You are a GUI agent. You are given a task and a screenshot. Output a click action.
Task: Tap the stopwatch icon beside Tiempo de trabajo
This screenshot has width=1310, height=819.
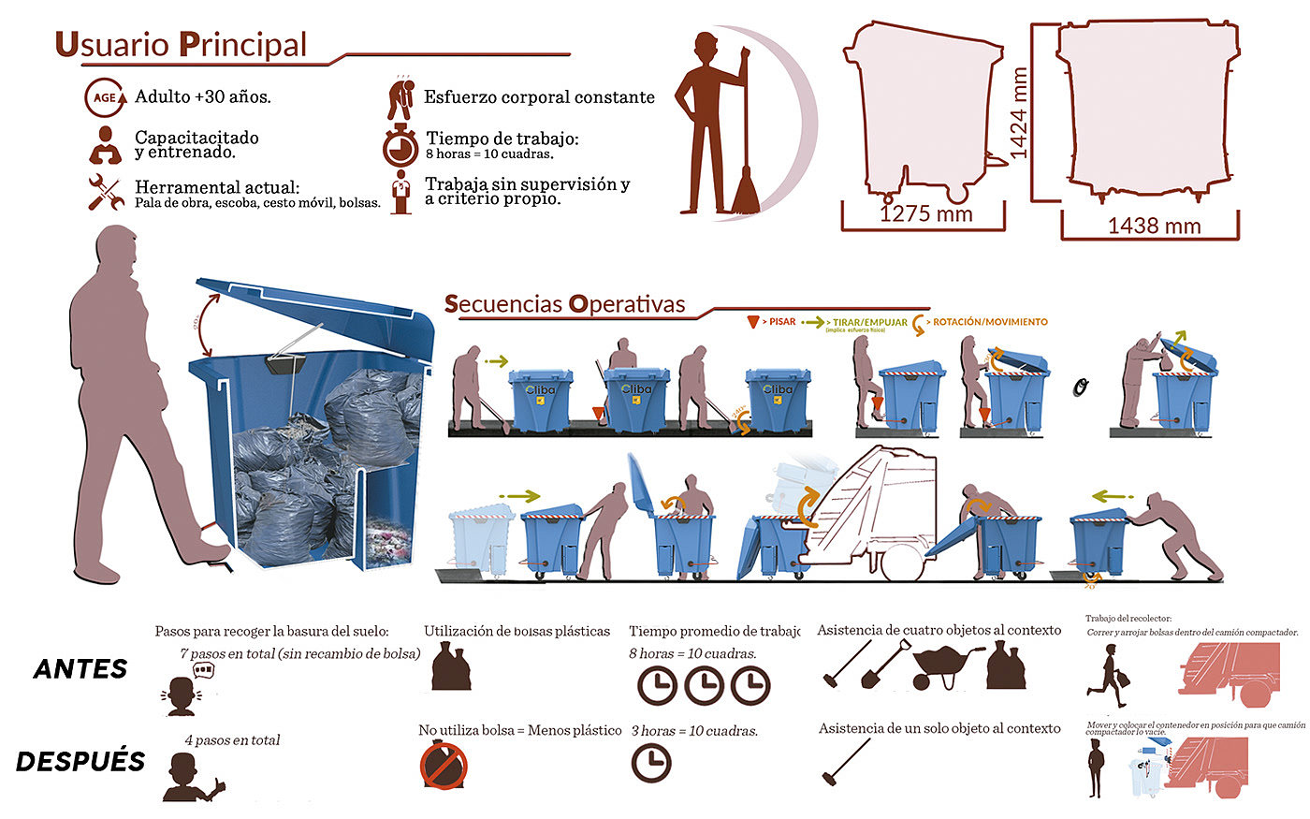400,146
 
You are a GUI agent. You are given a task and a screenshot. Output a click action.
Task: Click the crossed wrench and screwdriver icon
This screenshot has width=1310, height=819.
106,192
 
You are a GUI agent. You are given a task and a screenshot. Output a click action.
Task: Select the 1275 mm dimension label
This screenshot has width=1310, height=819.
925,214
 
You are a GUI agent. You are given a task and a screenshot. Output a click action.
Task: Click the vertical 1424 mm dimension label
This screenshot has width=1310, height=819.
1018,112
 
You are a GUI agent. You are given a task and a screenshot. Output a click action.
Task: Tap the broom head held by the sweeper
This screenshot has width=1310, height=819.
746,192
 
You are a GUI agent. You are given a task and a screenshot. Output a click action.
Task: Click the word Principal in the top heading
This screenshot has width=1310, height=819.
242,45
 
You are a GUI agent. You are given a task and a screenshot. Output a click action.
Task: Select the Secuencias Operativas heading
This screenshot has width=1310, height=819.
564,304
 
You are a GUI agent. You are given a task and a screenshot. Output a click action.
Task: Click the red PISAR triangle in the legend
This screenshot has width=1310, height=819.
752,322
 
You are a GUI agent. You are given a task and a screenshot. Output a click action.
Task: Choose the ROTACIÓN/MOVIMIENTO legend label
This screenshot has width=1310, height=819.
990,322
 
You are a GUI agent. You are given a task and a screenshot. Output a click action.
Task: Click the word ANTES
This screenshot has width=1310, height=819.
80,669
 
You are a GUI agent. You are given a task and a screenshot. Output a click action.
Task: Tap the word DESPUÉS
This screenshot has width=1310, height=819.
80,761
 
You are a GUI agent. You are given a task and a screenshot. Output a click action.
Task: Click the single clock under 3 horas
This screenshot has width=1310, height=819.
651,763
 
